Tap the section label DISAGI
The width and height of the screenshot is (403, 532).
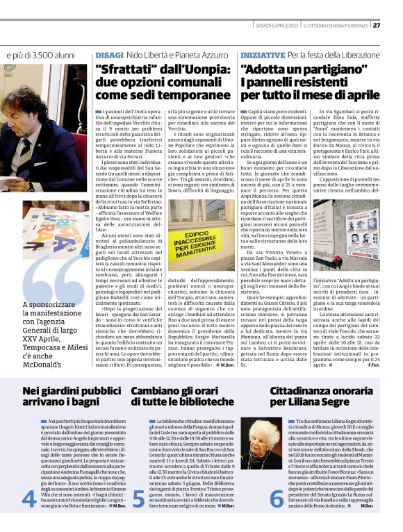(109, 54)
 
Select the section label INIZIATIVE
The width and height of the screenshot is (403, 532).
(261, 54)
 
